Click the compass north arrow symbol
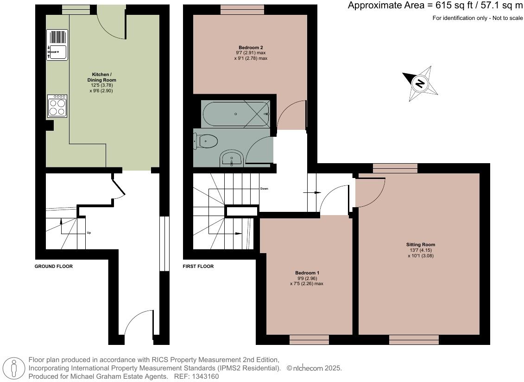[x=420, y=83]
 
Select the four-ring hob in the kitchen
[x=57, y=106]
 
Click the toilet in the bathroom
[x=207, y=141]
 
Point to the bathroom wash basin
[x=231, y=159]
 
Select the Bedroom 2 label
[x=251, y=48]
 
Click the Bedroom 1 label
[x=307, y=273]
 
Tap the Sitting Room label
[x=421, y=245]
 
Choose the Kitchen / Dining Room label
[x=101, y=77]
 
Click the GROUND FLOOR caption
[x=54, y=267]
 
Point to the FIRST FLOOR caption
[x=198, y=267]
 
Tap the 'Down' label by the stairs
[x=264, y=189]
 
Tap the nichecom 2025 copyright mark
[x=314, y=368]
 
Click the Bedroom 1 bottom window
[x=309, y=340]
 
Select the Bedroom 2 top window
[x=242, y=10]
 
